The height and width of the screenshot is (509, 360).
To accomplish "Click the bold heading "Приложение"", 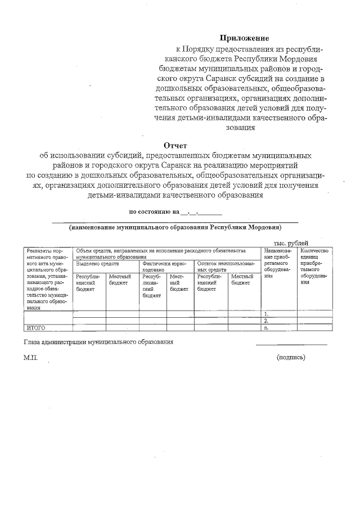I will (x=245, y=38).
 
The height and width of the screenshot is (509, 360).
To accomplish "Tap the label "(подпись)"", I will (x=291, y=357).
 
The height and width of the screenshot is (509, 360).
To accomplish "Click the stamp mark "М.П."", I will (x=30, y=357).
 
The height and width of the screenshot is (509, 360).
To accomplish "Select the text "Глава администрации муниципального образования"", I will (x=98, y=342).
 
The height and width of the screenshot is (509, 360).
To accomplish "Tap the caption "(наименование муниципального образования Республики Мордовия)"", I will (x=175, y=228).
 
